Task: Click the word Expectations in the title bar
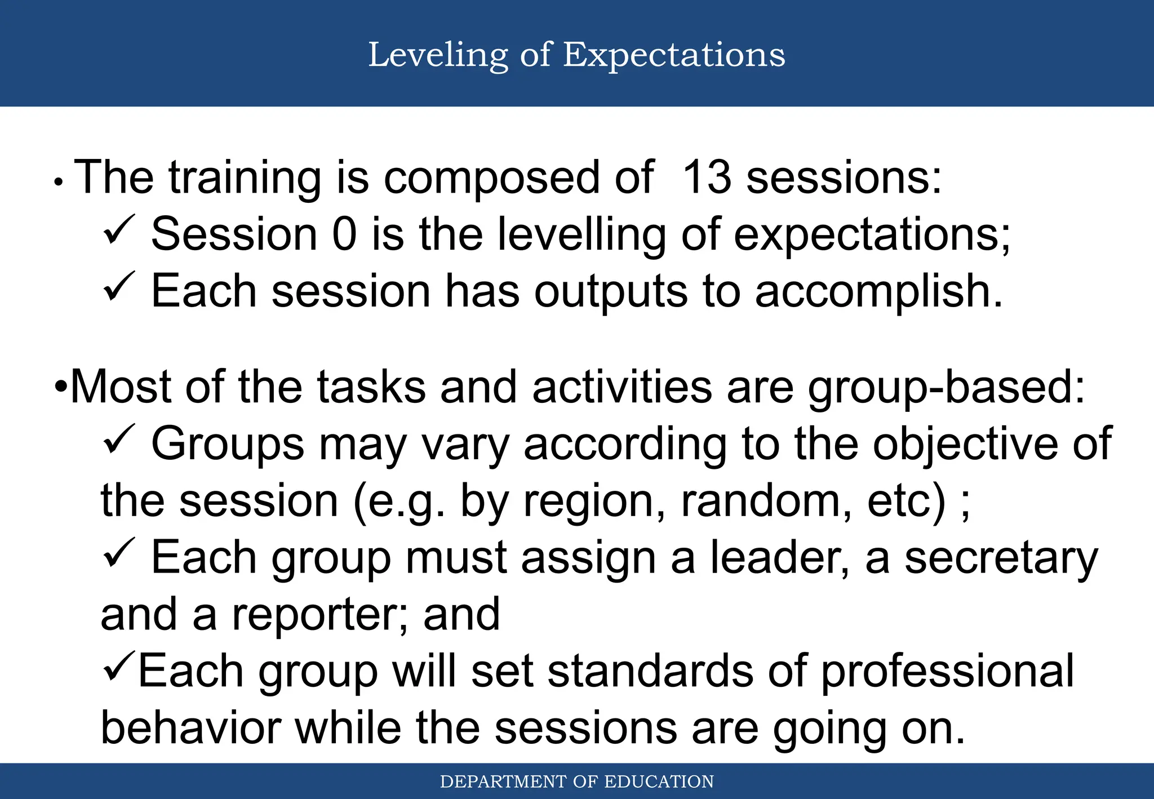(674, 55)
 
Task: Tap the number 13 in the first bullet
(707, 177)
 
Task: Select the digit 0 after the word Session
(344, 234)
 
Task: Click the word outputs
(611, 291)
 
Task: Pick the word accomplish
(878, 291)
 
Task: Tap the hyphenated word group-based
(947, 388)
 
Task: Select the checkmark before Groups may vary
(119, 440)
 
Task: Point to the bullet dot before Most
(61, 388)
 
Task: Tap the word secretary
(1001, 558)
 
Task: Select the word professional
(947, 671)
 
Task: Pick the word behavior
(190, 728)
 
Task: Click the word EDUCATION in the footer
(659, 782)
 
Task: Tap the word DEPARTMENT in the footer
(503, 782)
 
